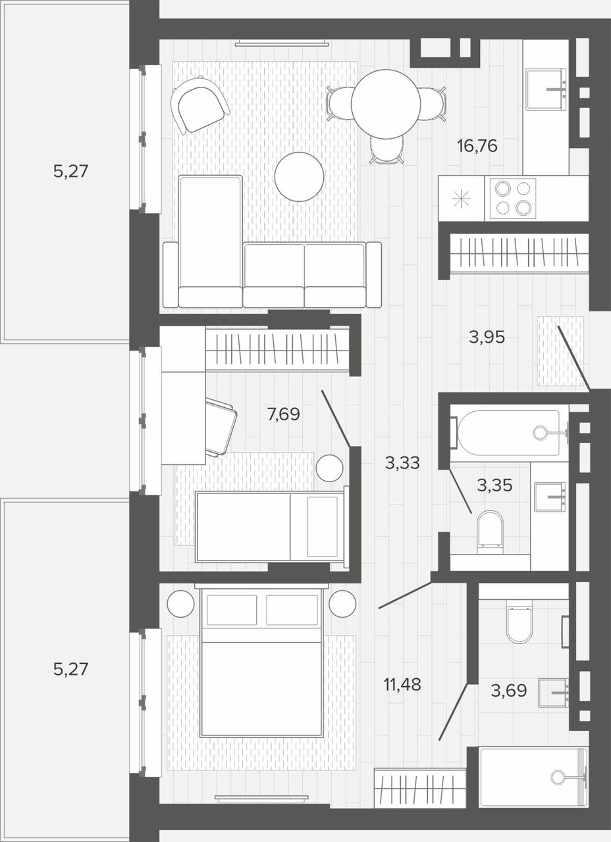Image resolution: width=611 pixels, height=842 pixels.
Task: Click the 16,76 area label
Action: pos(477,145)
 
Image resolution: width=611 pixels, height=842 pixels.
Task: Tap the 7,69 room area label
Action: pos(283,414)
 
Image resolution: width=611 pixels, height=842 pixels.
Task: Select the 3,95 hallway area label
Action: pos(487,337)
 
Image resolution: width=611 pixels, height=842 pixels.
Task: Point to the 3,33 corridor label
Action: pos(402,462)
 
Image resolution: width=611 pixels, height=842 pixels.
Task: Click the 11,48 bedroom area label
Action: pos(402,685)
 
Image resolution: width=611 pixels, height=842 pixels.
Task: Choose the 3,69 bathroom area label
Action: pos(509,691)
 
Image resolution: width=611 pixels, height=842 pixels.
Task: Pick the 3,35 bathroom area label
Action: pos(494,485)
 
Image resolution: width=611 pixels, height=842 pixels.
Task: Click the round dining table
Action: pos(386,103)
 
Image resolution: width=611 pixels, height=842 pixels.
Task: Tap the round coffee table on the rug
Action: pos(299,177)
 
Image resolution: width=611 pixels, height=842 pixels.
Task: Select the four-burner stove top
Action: pos(510,199)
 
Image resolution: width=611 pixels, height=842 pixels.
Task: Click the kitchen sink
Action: pos(546,89)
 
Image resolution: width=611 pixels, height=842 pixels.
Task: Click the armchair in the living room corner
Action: pos(199,105)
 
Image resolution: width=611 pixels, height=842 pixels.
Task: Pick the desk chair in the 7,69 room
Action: pos(221,427)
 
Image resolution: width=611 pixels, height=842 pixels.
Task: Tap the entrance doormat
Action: pos(560,351)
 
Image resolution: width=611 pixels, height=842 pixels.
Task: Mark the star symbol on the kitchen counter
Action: pos(462,199)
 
